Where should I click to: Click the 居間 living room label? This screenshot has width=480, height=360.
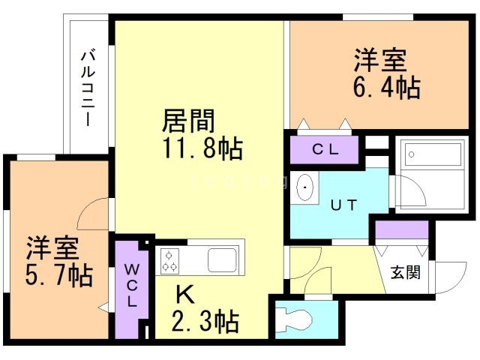click(x=190, y=119)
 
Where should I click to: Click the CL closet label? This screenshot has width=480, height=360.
click(x=325, y=148)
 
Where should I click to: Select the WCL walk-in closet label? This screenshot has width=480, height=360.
click(x=130, y=285)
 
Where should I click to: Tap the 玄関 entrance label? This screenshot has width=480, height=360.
click(x=405, y=271)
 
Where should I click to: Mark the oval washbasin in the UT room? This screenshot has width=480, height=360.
click(x=306, y=186)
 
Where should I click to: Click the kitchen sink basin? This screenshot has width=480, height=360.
click(x=223, y=260)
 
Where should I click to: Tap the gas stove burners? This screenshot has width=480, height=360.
click(x=169, y=260)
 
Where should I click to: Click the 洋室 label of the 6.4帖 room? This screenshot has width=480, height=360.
click(x=381, y=58)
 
